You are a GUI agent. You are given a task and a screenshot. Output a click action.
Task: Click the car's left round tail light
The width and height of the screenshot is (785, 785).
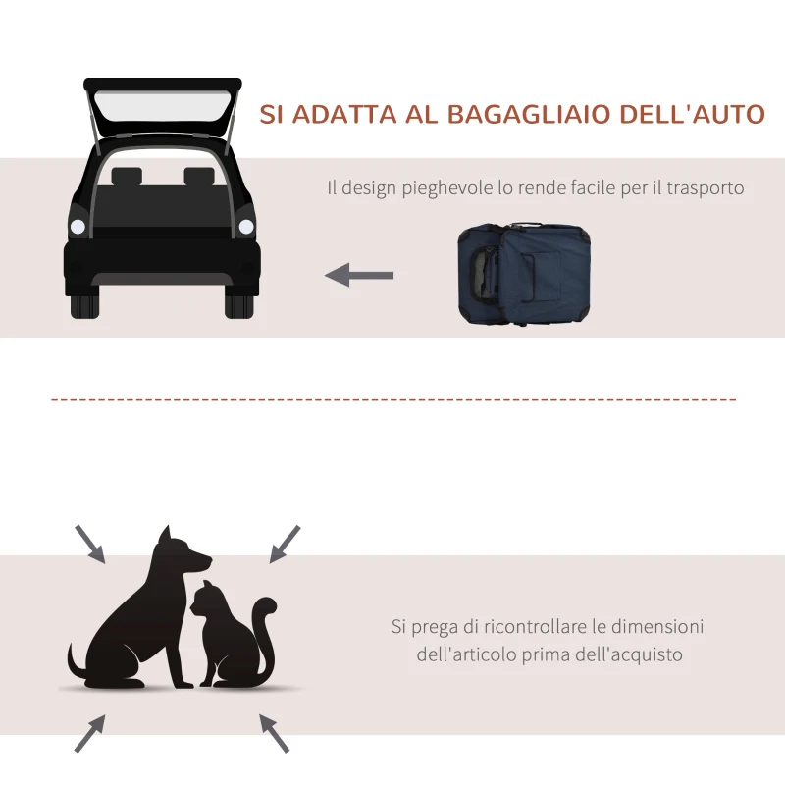(x=78, y=227)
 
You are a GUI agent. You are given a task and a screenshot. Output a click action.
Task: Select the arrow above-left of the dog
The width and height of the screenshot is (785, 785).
(x=90, y=543)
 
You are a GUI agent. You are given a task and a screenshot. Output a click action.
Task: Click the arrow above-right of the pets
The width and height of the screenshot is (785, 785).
(x=285, y=543)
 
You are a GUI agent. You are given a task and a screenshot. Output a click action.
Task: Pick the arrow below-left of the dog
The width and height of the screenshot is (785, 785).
(x=90, y=732)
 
